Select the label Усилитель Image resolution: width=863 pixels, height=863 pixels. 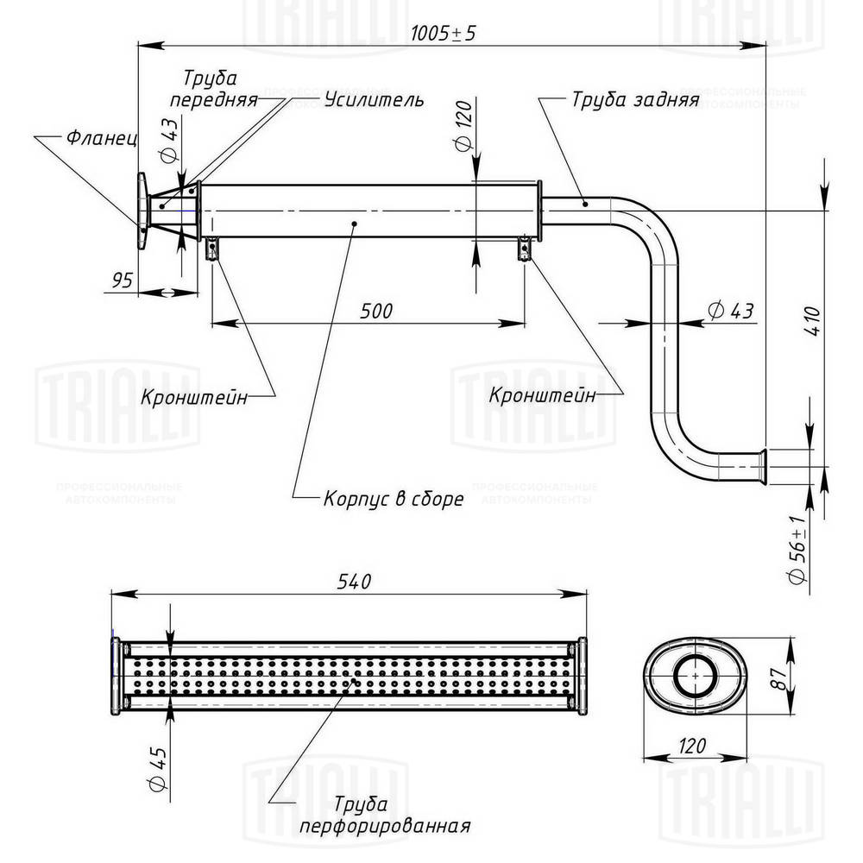pos(374,99)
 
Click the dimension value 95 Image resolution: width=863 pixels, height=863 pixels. pos(122,280)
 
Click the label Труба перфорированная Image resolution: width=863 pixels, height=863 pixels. pos(384,815)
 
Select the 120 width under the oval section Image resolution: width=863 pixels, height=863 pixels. pos(694,744)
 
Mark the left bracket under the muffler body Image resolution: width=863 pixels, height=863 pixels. pos(212,250)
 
